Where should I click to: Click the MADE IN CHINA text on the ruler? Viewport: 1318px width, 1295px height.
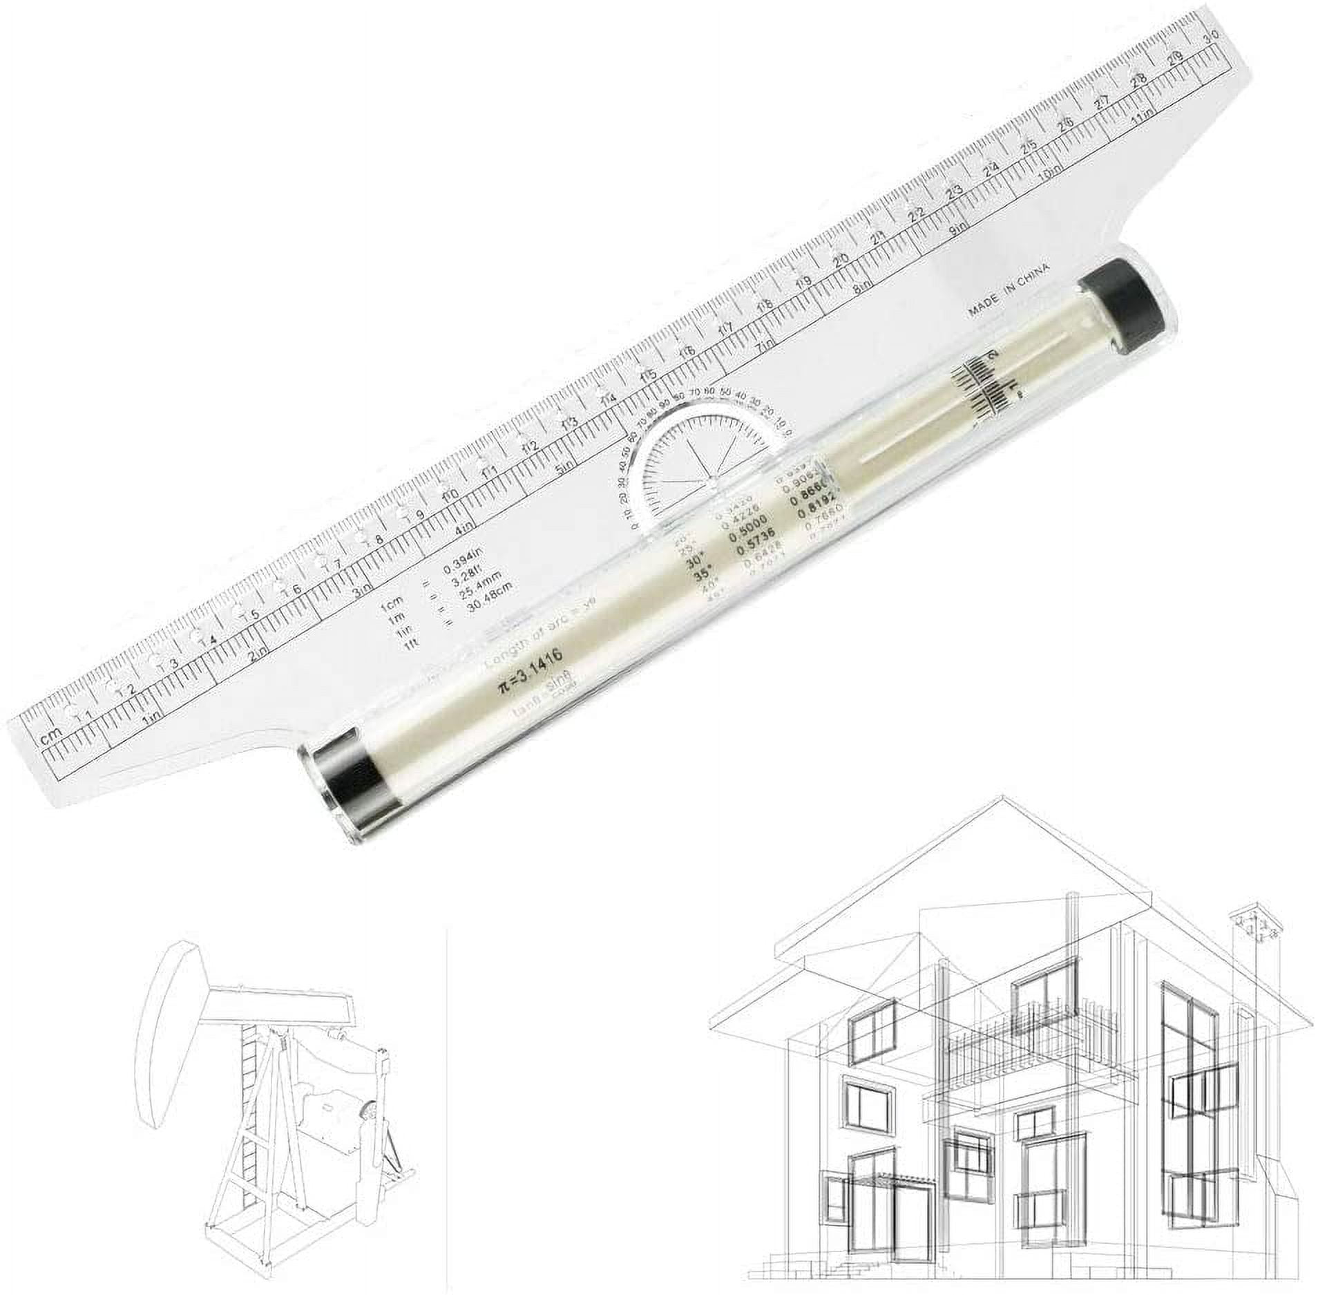coord(1008,289)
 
